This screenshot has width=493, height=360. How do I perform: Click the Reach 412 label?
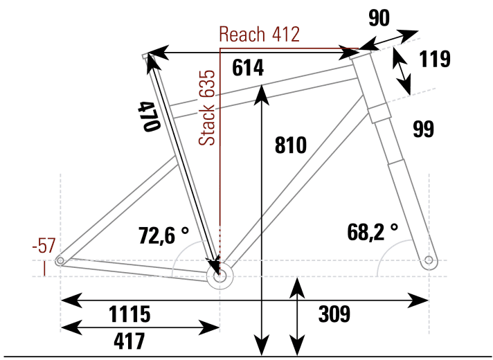coord(259,34)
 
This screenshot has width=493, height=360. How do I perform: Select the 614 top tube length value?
coord(249,69)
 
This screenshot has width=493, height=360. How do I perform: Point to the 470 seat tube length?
coord(149,116)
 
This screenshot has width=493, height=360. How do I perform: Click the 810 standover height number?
coord(290,145)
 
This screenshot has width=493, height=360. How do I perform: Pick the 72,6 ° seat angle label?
coord(163,235)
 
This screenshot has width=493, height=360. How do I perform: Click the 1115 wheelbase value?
coord(129,314)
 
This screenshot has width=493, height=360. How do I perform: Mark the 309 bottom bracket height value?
coord(334,314)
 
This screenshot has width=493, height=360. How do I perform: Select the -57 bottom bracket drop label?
coord(44,246)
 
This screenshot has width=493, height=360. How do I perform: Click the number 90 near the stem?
coord(379,19)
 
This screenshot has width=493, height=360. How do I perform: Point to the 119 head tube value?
coord(435,60)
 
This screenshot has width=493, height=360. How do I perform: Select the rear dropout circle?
coord(60,260)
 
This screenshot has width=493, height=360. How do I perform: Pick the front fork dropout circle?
coord(429,260)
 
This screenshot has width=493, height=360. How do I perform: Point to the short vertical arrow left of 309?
coord(297,316)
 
